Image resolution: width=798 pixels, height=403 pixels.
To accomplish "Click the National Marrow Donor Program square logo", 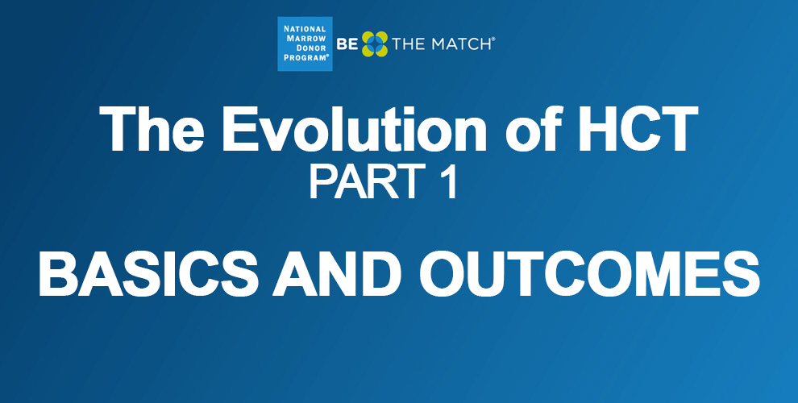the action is point(305,44).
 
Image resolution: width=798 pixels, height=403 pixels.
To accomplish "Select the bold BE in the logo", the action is point(347,44).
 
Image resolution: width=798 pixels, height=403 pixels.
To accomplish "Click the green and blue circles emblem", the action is point(375,44).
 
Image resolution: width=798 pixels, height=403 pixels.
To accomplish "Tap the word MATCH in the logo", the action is point(460,44).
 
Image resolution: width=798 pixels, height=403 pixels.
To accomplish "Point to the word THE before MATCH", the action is point(409,44).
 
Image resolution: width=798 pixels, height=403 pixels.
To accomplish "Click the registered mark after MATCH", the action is point(493,39).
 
